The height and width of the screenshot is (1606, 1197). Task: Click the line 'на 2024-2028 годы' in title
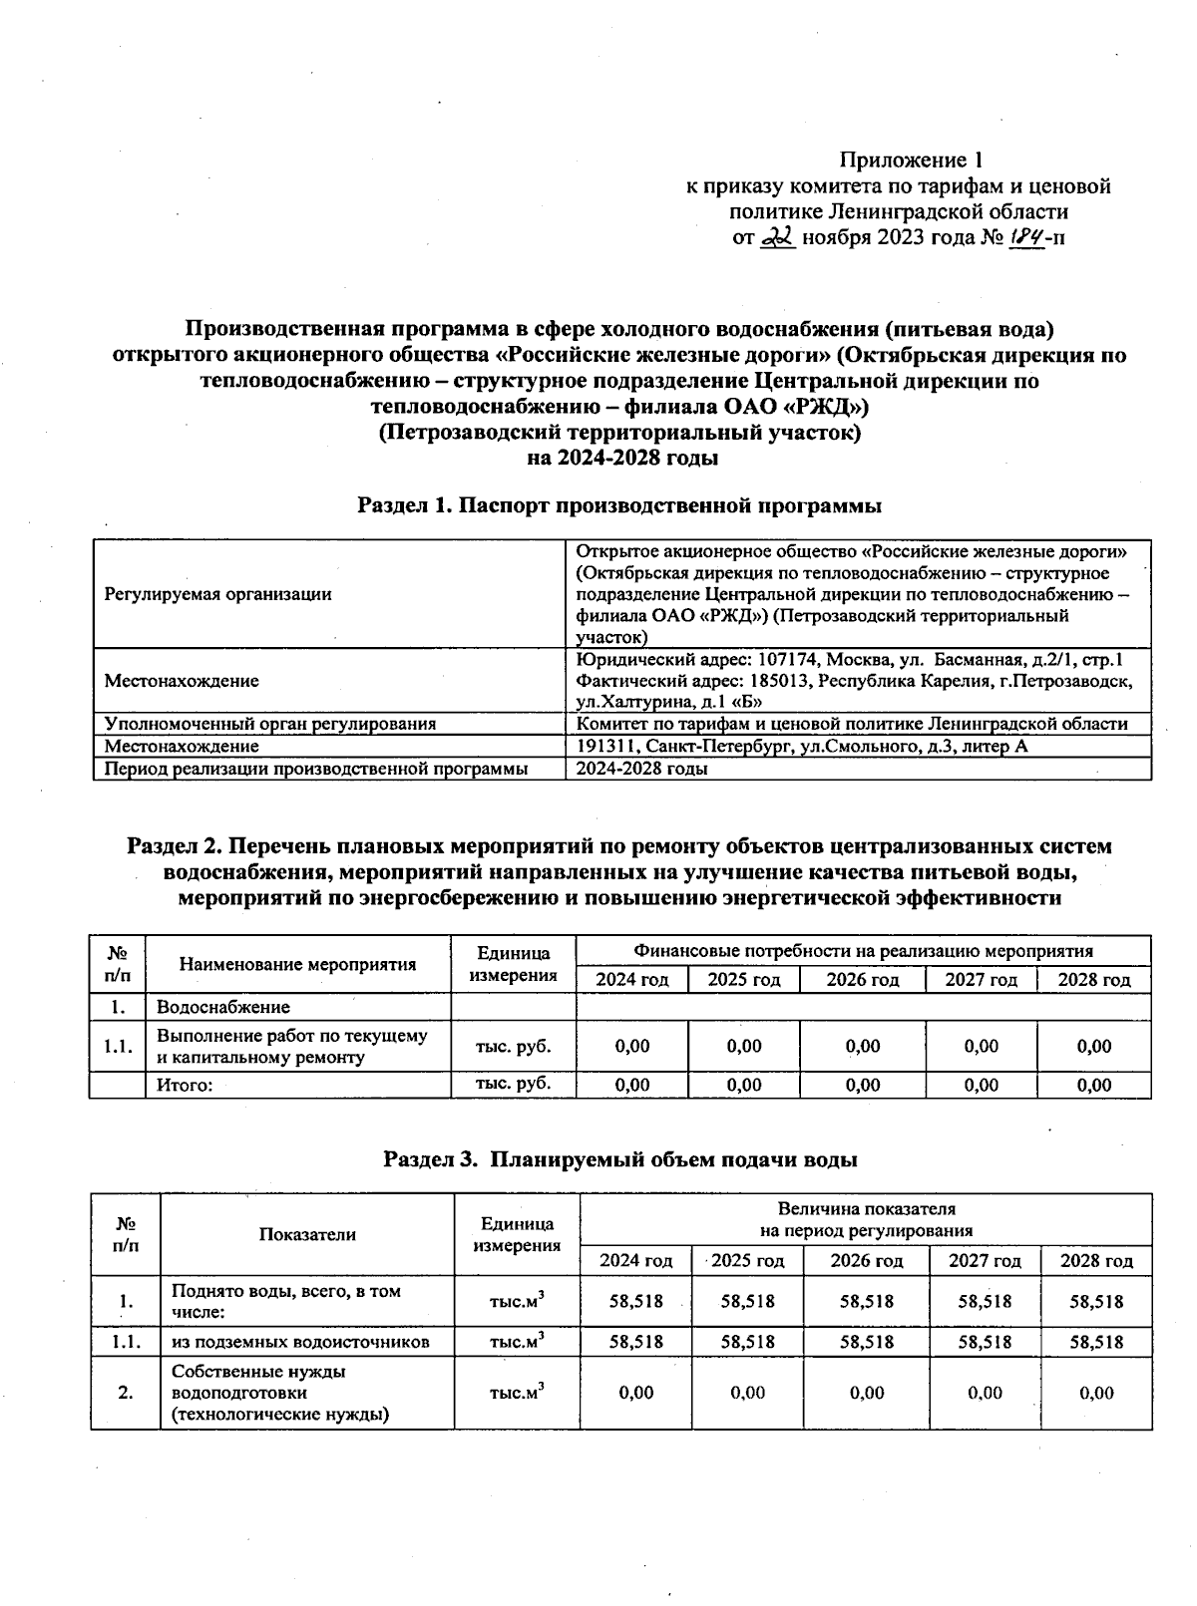click(622, 458)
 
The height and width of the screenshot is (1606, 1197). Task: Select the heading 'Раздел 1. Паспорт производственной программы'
click(619, 505)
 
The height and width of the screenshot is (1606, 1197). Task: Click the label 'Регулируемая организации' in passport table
click(217, 594)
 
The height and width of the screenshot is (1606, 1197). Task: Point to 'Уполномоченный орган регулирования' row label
click(270, 724)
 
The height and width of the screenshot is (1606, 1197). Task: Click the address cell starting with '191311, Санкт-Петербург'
click(802, 747)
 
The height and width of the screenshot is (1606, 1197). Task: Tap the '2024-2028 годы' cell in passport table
click(643, 769)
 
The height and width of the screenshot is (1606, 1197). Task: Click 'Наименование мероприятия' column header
click(297, 964)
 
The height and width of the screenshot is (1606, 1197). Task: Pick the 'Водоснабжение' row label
click(223, 1007)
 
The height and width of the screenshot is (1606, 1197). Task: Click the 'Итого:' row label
click(186, 1086)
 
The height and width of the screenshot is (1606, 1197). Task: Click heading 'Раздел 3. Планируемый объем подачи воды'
click(620, 1160)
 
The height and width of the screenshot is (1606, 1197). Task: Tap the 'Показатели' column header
click(307, 1234)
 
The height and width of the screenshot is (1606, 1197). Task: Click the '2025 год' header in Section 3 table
click(748, 1261)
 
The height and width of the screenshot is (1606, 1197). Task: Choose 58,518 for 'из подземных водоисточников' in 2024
click(635, 1342)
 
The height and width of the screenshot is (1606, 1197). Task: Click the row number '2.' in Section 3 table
click(126, 1393)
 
